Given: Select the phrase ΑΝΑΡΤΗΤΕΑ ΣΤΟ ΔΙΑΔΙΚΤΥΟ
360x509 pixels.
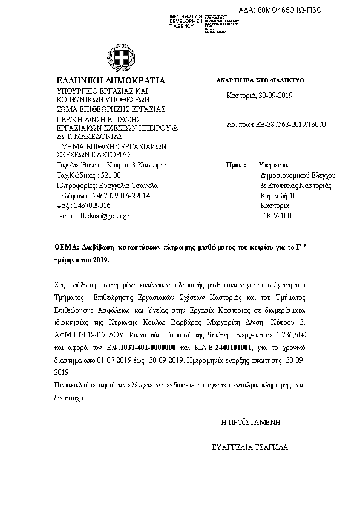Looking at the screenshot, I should (x=260, y=80).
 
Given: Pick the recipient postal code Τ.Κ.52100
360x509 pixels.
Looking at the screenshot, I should (x=275, y=215).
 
